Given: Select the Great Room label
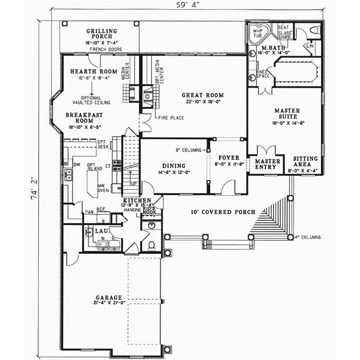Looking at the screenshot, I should (x=203, y=95).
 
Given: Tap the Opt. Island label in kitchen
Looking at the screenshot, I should (x=93, y=167).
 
